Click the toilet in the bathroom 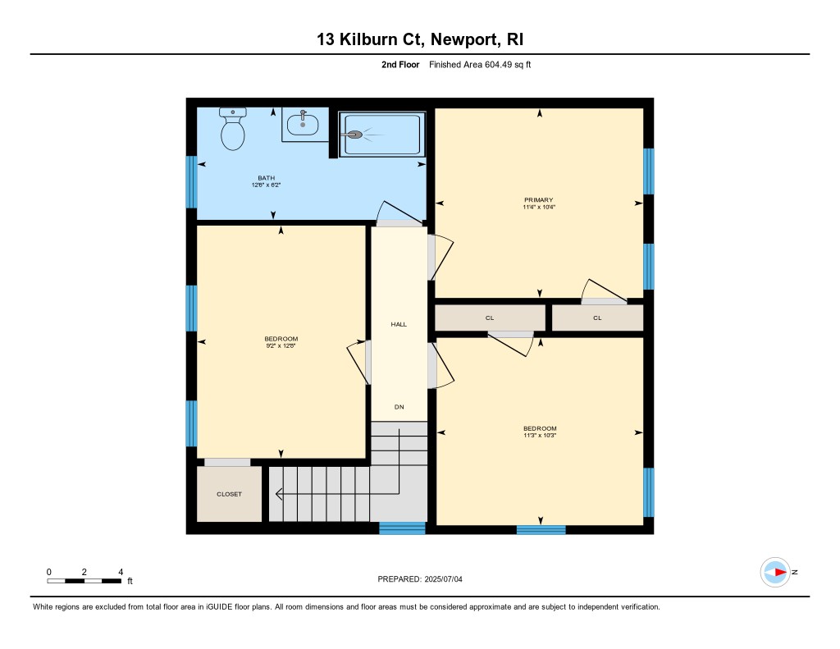coord(232,129)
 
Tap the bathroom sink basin coord(303,126)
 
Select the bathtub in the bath coord(382,135)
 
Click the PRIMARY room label coord(538,200)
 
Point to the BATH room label coord(267,178)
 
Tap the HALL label coord(399,324)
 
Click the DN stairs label coord(399,407)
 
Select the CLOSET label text coord(230,494)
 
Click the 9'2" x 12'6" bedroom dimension coord(281,345)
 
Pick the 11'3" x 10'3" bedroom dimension coord(540,435)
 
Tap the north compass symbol coord(775,573)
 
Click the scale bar coord(84,581)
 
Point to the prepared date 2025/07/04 coord(444,578)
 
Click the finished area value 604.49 coord(498,64)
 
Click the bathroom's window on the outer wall coord(191,181)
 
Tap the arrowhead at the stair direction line coord(279,494)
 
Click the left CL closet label coord(490,318)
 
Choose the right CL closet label coord(597,318)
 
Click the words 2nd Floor coord(400,64)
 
